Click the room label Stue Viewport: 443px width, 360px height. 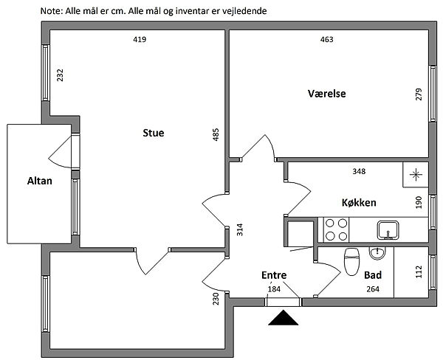point(153,134)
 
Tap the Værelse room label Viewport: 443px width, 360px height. point(327,94)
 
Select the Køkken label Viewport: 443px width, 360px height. point(360,202)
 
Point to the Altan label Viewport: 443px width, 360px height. point(39,180)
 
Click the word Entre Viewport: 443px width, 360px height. point(274,275)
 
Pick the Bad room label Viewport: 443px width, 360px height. point(373,275)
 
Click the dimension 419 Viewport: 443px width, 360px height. point(140,40)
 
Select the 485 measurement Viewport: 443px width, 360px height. point(216,134)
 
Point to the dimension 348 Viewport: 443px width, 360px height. point(359,172)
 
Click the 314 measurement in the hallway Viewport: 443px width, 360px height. point(238,229)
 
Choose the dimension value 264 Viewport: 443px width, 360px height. point(373,289)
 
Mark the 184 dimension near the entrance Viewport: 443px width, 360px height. point(274,288)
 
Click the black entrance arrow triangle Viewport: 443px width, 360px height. point(284,318)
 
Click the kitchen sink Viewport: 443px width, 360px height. point(387,230)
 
